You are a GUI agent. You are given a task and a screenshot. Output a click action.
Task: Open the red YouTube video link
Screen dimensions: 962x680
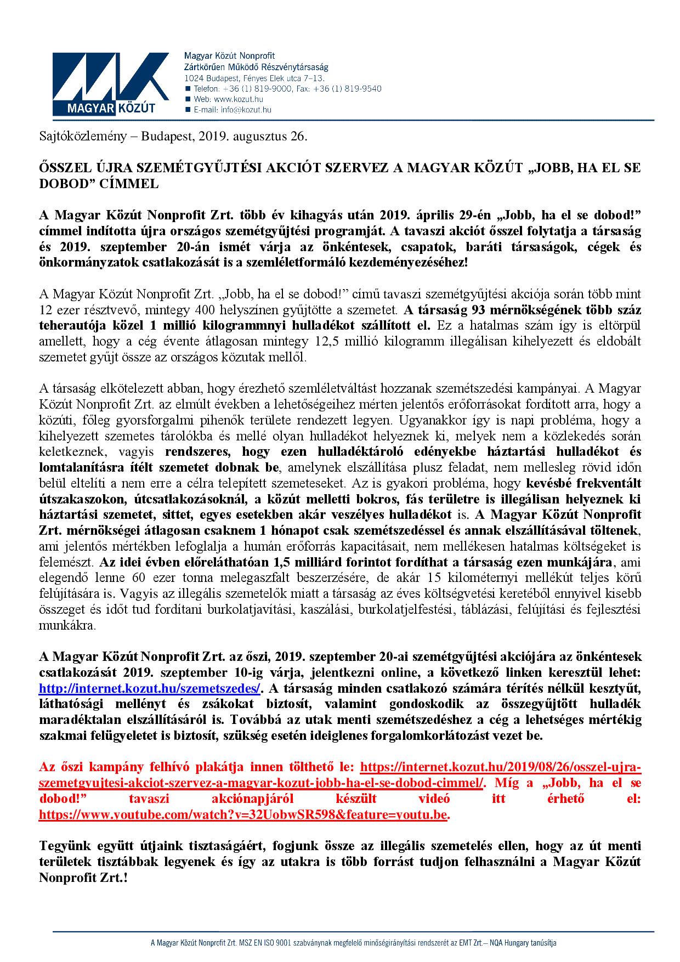243,815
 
